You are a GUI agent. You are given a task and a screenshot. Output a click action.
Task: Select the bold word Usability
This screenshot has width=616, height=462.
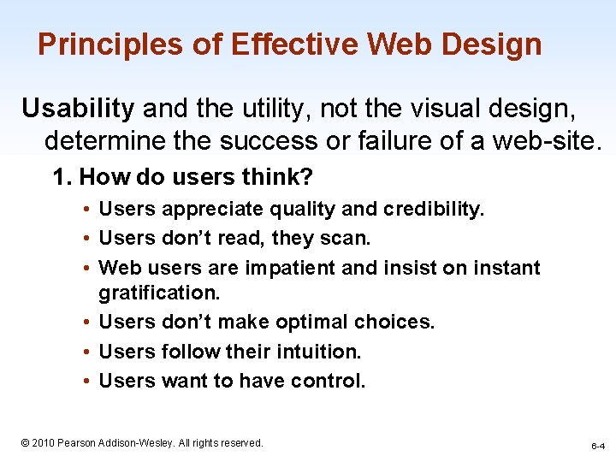78,108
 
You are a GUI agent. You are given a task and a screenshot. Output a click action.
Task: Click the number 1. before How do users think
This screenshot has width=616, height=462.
62,177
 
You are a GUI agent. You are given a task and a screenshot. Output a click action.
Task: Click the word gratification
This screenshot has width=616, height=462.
159,293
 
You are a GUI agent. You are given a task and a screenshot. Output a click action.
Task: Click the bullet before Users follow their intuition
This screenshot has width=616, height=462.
88,352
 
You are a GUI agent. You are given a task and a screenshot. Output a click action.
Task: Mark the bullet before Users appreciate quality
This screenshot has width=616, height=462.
88,209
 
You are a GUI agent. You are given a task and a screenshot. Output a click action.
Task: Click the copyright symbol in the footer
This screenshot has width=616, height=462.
26,442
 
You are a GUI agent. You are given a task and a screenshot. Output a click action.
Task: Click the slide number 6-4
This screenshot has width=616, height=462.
598,447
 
